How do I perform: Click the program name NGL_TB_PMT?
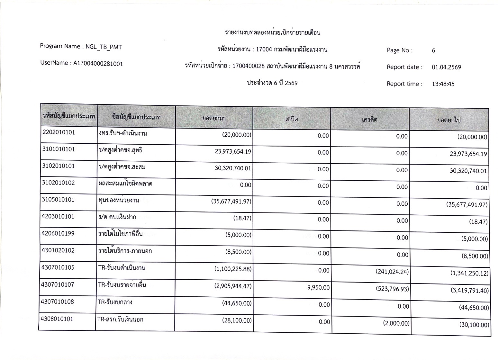pyautogui.click(x=104, y=47)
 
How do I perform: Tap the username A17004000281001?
pyautogui.click(x=98, y=64)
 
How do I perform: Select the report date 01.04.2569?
pyautogui.click(x=446, y=67)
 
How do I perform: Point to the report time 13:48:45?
pyautogui.click(x=443, y=84)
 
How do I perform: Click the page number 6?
pyautogui.click(x=433, y=50)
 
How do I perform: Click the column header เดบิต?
pyautogui.click(x=292, y=119)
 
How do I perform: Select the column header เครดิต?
pyautogui.click(x=370, y=120)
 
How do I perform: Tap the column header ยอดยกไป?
pyautogui.click(x=449, y=120)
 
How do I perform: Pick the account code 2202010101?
pyautogui.click(x=58, y=132)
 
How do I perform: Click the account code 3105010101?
pyautogui.click(x=58, y=200)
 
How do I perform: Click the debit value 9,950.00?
pyautogui.click(x=318, y=287)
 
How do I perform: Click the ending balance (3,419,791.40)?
pyautogui.click(x=469, y=291)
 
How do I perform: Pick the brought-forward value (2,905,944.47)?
pyautogui.click(x=233, y=286)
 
